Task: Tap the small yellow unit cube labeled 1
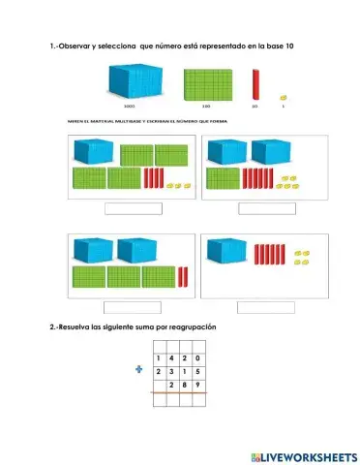[x=282, y=96]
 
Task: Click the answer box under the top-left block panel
[x=133, y=208]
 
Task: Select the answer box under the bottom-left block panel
[x=133, y=307]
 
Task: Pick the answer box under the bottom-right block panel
[x=265, y=307]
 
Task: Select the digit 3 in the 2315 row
[x=171, y=371]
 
